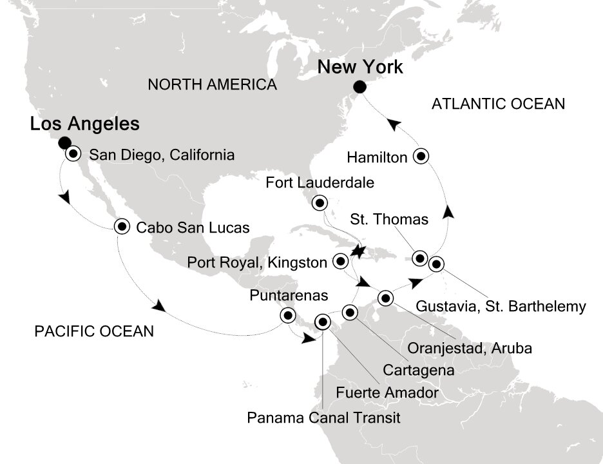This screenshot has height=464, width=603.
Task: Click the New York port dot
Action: [x=360, y=86]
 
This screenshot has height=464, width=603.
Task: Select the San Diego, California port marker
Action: [x=73, y=153]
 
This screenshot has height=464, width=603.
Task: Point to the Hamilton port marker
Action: [x=421, y=155]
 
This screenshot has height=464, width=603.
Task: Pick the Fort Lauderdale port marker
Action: [x=320, y=203]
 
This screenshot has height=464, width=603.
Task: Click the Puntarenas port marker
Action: [x=287, y=315]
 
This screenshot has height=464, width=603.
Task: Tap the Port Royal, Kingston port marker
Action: [x=340, y=261]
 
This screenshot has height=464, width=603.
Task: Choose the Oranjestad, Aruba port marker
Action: [x=386, y=297]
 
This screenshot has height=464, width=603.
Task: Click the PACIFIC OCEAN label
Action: [x=94, y=332]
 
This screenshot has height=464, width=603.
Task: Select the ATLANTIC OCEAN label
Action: [x=499, y=103]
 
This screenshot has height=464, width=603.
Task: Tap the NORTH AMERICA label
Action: [x=212, y=84]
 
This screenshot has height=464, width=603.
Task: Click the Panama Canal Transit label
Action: [x=324, y=418]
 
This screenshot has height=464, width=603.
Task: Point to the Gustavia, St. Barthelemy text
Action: [x=501, y=306]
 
